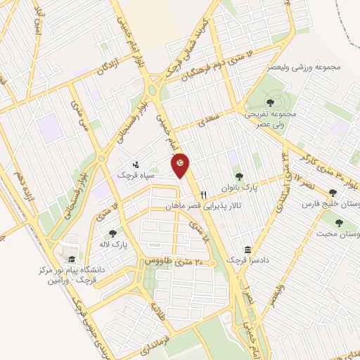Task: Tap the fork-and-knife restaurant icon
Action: (x=203, y=195)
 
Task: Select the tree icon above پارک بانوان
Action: (x=239, y=176)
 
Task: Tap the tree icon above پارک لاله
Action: (x=112, y=233)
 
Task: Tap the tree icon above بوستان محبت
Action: (x=340, y=223)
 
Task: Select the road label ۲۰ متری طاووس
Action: (x=169, y=260)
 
